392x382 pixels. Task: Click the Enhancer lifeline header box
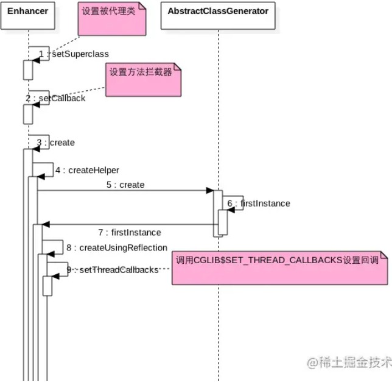point(28,12)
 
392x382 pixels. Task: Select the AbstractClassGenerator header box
point(218,12)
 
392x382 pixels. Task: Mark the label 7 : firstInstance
point(130,232)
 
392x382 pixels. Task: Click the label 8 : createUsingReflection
point(116,247)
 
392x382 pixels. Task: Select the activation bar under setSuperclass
point(28,69)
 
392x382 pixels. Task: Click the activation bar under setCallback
point(28,113)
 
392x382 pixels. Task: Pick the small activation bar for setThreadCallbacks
point(47,285)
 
